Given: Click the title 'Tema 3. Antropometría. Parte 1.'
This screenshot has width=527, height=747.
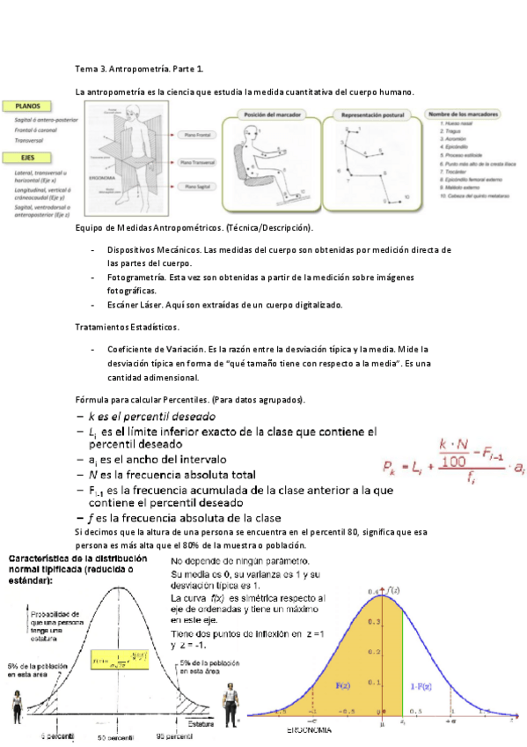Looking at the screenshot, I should [x=140, y=68].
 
